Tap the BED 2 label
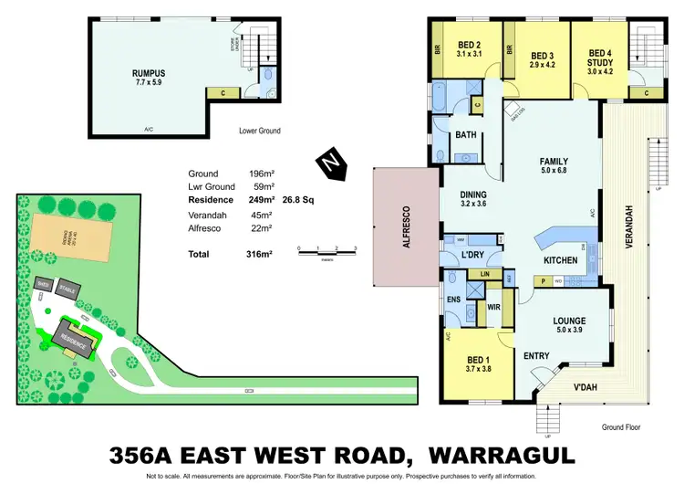click(470, 47)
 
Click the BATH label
click(465, 136)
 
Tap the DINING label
click(472, 195)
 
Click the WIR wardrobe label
click(493, 308)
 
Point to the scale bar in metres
click(326, 248)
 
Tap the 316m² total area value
click(260, 253)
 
